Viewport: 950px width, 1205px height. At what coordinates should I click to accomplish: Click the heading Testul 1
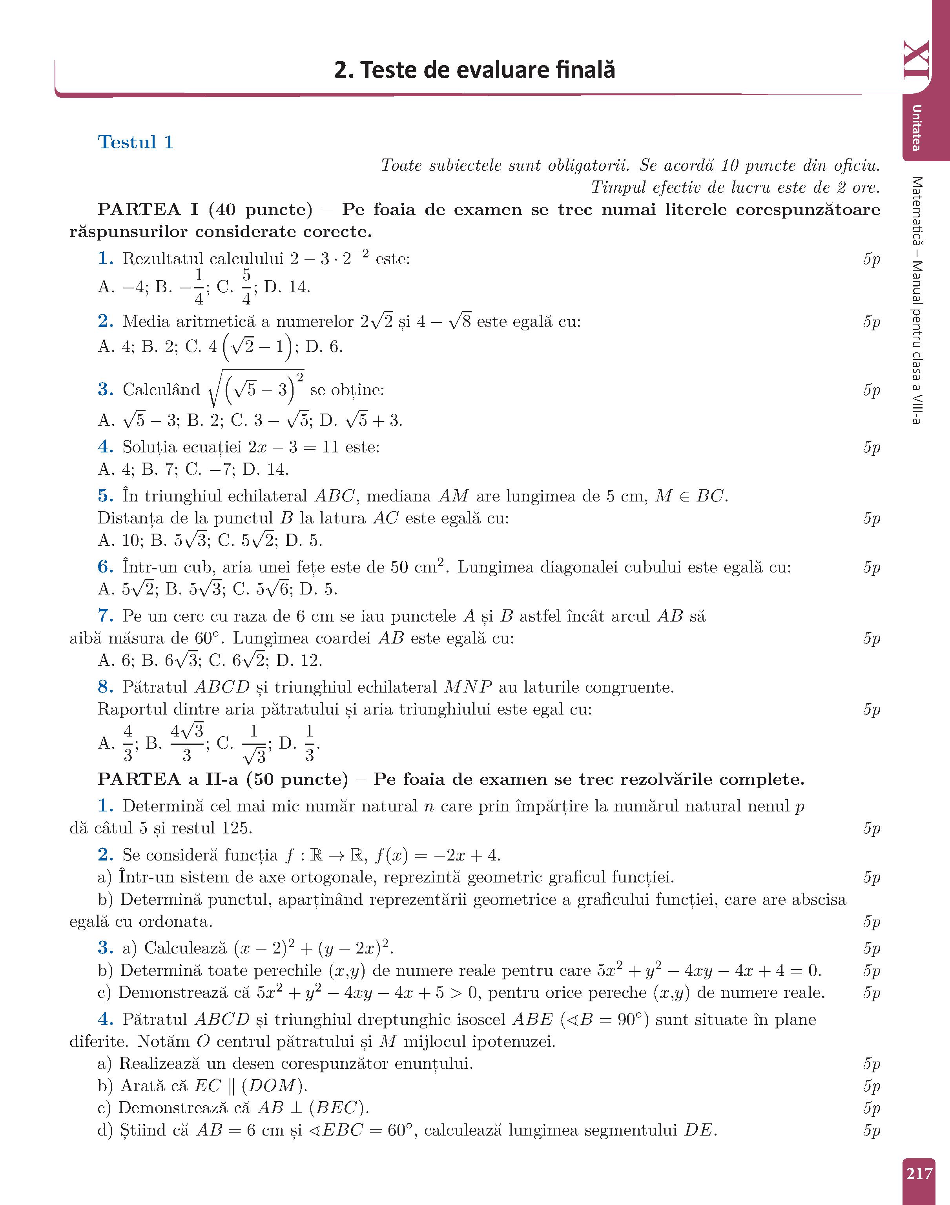136,142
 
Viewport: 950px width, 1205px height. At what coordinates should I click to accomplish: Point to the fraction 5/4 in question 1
246,287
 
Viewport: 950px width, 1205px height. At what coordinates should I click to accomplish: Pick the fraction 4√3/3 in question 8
187,742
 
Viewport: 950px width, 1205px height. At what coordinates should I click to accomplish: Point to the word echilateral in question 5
268,496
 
